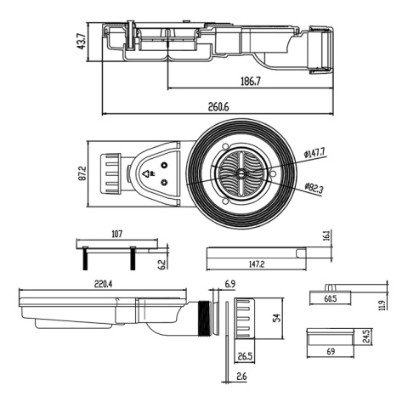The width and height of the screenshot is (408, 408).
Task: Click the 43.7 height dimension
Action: [x=82, y=42]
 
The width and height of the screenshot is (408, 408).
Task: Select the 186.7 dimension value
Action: [x=251, y=82]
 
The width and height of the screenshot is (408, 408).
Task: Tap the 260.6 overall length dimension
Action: [x=218, y=107]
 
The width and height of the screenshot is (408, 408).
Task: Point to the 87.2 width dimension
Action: [x=82, y=173]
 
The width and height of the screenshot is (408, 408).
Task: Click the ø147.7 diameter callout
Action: [x=314, y=153]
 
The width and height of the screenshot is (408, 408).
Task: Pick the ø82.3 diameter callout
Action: [x=314, y=188]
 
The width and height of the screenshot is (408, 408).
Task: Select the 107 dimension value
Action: [x=117, y=234]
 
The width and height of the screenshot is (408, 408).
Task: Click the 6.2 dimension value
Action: [x=162, y=265]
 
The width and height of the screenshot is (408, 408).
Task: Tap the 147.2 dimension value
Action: [x=257, y=264]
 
